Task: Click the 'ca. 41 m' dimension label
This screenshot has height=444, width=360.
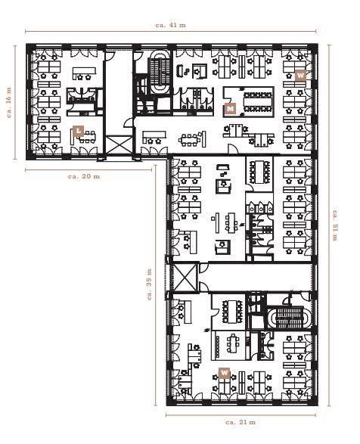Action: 170,25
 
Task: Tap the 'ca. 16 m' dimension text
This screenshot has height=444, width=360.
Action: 9,102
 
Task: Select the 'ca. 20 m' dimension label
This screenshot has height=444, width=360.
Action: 84,176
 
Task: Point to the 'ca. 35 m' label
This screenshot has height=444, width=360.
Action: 149,284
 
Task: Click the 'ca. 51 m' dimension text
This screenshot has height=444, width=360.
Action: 335,225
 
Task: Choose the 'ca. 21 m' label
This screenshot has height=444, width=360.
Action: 241,422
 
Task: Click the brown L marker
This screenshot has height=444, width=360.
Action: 79,131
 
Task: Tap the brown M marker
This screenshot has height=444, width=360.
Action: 230,109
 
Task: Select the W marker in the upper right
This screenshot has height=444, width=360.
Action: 300,76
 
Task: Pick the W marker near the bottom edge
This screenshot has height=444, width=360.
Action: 224,373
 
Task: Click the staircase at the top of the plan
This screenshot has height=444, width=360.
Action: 160,72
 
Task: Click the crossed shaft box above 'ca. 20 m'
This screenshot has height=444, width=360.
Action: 119,145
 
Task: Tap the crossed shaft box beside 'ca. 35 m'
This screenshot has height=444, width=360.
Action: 185,278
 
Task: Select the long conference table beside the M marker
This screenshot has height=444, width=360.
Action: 258,101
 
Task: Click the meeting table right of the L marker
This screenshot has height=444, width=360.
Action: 88,137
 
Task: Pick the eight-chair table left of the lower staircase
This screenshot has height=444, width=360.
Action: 232,312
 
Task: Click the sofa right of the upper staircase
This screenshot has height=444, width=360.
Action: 181,70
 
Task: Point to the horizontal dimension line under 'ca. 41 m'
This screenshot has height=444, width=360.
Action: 170,32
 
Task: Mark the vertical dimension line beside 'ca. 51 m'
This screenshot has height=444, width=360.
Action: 328,225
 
